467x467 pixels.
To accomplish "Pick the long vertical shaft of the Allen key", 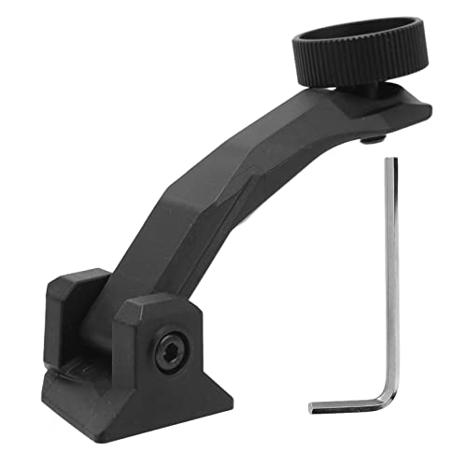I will [391, 280].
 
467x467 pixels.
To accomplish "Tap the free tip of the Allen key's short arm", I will [312, 408].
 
